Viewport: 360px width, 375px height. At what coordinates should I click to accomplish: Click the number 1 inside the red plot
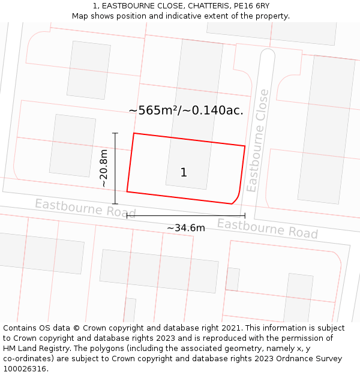[184, 173]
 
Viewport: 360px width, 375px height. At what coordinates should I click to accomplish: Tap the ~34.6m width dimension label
[185, 228]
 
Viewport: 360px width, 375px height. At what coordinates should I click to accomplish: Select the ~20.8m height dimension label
[104, 169]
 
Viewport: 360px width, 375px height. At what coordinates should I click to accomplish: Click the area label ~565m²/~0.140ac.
[186, 110]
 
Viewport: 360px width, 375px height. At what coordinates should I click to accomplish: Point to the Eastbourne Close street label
[256, 140]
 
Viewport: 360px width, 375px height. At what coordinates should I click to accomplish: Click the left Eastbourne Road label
[85, 208]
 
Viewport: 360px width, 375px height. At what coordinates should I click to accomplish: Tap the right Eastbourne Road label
[267, 228]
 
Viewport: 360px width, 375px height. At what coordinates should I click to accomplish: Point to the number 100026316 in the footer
[25, 369]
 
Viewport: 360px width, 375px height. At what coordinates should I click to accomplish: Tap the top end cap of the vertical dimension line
[115, 133]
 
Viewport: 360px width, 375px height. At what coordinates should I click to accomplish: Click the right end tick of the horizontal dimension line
[245, 215]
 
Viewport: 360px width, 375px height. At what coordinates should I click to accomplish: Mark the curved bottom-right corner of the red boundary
[236, 199]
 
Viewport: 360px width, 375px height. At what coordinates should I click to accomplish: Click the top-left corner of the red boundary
[133, 133]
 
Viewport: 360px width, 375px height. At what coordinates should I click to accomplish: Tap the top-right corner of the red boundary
[245, 146]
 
